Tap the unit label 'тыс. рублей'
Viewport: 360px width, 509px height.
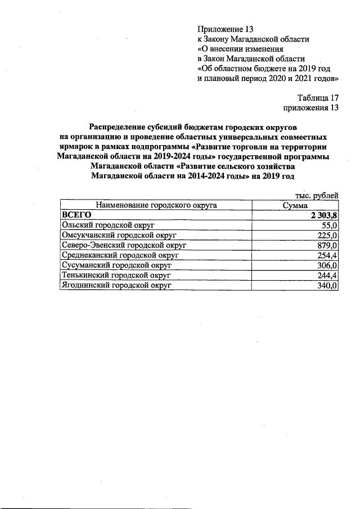coord(317,195)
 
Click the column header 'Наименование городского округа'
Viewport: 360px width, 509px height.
coord(156,205)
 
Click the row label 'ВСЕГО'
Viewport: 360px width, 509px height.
coord(76,215)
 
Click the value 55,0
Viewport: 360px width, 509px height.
coord(328,225)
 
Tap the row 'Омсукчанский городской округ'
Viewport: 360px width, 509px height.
coord(115,235)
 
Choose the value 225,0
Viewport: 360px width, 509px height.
coord(327,235)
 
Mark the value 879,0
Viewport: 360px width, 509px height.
coord(327,245)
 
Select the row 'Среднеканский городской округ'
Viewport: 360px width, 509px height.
coord(119,255)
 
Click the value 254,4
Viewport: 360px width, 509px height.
coord(327,255)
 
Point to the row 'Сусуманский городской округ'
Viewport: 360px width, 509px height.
coord(115,265)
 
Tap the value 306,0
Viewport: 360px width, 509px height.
coord(327,265)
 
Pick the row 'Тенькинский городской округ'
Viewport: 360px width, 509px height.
coord(115,276)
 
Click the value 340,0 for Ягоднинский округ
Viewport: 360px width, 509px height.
coord(327,286)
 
